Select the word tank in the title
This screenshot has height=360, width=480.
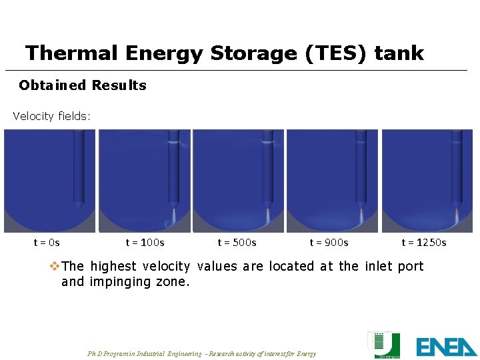[x=399, y=53]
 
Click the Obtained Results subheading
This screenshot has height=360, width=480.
[x=83, y=85]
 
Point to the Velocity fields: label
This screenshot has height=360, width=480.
[x=52, y=116]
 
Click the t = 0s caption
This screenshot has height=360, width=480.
[x=47, y=242]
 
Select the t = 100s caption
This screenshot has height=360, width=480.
[x=145, y=242]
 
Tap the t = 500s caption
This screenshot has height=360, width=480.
[x=237, y=242]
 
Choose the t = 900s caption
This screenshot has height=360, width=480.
[x=329, y=242]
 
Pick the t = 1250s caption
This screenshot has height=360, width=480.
[x=424, y=242]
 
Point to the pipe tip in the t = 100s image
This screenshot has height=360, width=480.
[x=173, y=204]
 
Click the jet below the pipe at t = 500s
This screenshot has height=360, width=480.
[x=268, y=216]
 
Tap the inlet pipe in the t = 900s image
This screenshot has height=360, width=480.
[x=361, y=167]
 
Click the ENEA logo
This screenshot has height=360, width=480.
[x=447, y=347]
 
